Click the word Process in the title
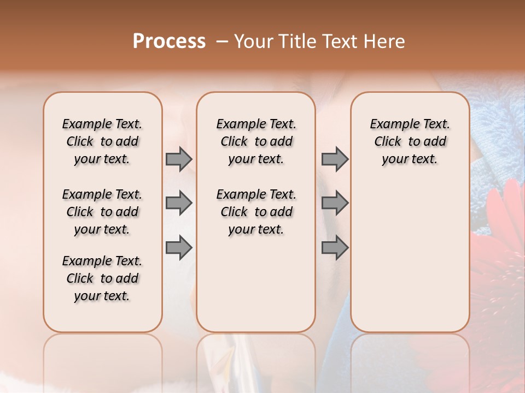pyautogui.click(x=169, y=41)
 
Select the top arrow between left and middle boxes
pyautogui.click(x=179, y=159)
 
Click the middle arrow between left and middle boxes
pyautogui.click(x=179, y=204)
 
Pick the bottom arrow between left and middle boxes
pyautogui.click(x=179, y=248)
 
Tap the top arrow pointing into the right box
pyautogui.click(x=335, y=159)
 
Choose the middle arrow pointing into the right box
pyautogui.click(x=335, y=204)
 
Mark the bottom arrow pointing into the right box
pyautogui.click(x=335, y=248)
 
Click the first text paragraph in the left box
pyautogui.click(x=102, y=141)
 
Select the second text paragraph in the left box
pyautogui.click(x=102, y=212)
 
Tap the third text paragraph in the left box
pyautogui.click(x=102, y=278)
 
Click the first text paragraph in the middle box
pyautogui.click(x=256, y=141)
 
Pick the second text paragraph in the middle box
pyautogui.click(x=256, y=212)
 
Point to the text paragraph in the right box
pyautogui.click(x=410, y=141)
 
